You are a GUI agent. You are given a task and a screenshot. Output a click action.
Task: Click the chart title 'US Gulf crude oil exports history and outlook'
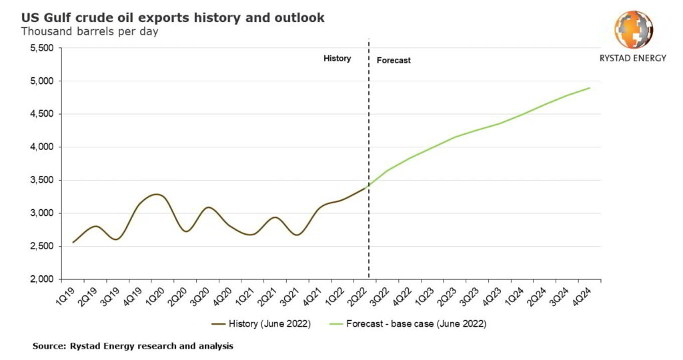(173, 18)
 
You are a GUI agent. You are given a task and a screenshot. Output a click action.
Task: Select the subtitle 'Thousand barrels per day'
(89, 31)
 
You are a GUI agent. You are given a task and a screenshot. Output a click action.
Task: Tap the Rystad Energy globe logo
(633, 29)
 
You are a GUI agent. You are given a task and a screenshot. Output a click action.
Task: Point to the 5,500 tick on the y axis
(40, 48)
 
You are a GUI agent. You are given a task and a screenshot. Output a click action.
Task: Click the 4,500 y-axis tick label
(40, 114)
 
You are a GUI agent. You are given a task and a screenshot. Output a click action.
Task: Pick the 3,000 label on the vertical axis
(40, 213)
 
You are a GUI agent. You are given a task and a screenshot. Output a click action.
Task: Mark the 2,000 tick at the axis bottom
(40, 279)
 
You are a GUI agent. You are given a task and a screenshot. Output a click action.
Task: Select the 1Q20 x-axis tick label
(156, 295)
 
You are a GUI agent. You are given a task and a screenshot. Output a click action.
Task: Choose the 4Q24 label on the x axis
(590, 295)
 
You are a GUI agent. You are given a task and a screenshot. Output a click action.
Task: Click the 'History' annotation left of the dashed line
(337, 59)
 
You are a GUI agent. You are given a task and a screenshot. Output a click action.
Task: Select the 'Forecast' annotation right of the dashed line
(394, 61)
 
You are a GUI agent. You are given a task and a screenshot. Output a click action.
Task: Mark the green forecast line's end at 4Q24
(590, 88)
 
